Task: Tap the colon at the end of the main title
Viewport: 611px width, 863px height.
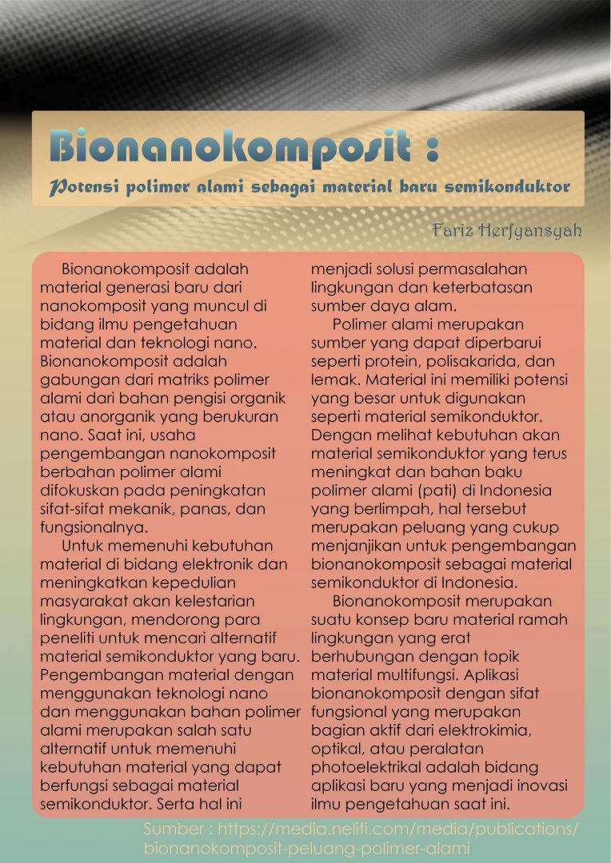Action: (431, 149)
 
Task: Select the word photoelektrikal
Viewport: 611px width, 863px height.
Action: (367, 766)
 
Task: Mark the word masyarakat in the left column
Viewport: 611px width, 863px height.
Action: (84, 600)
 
